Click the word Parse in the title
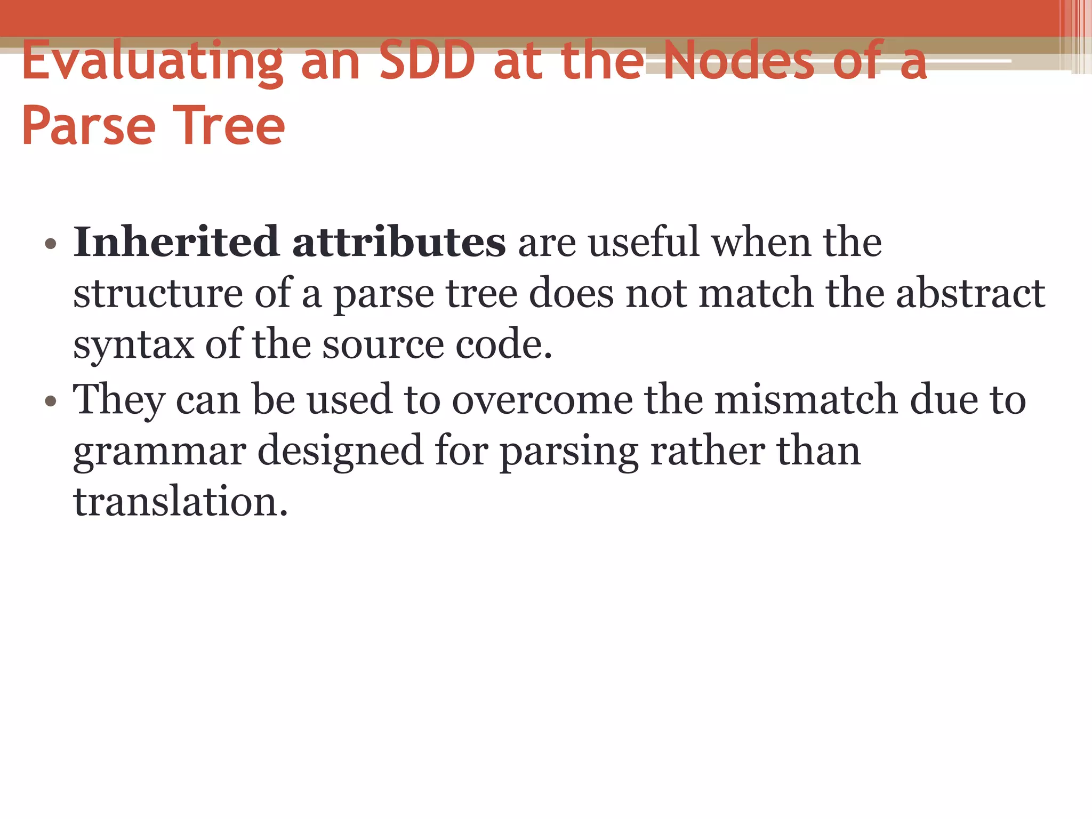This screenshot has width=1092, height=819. [89, 126]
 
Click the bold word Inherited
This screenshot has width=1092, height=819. [176, 243]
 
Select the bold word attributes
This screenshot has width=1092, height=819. [399, 243]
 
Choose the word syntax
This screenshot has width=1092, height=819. [133, 346]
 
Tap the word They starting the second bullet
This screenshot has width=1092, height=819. [118, 400]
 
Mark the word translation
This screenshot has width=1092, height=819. [180, 502]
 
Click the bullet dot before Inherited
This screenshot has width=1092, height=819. [51, 244]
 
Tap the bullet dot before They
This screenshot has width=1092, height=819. [51, 401]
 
